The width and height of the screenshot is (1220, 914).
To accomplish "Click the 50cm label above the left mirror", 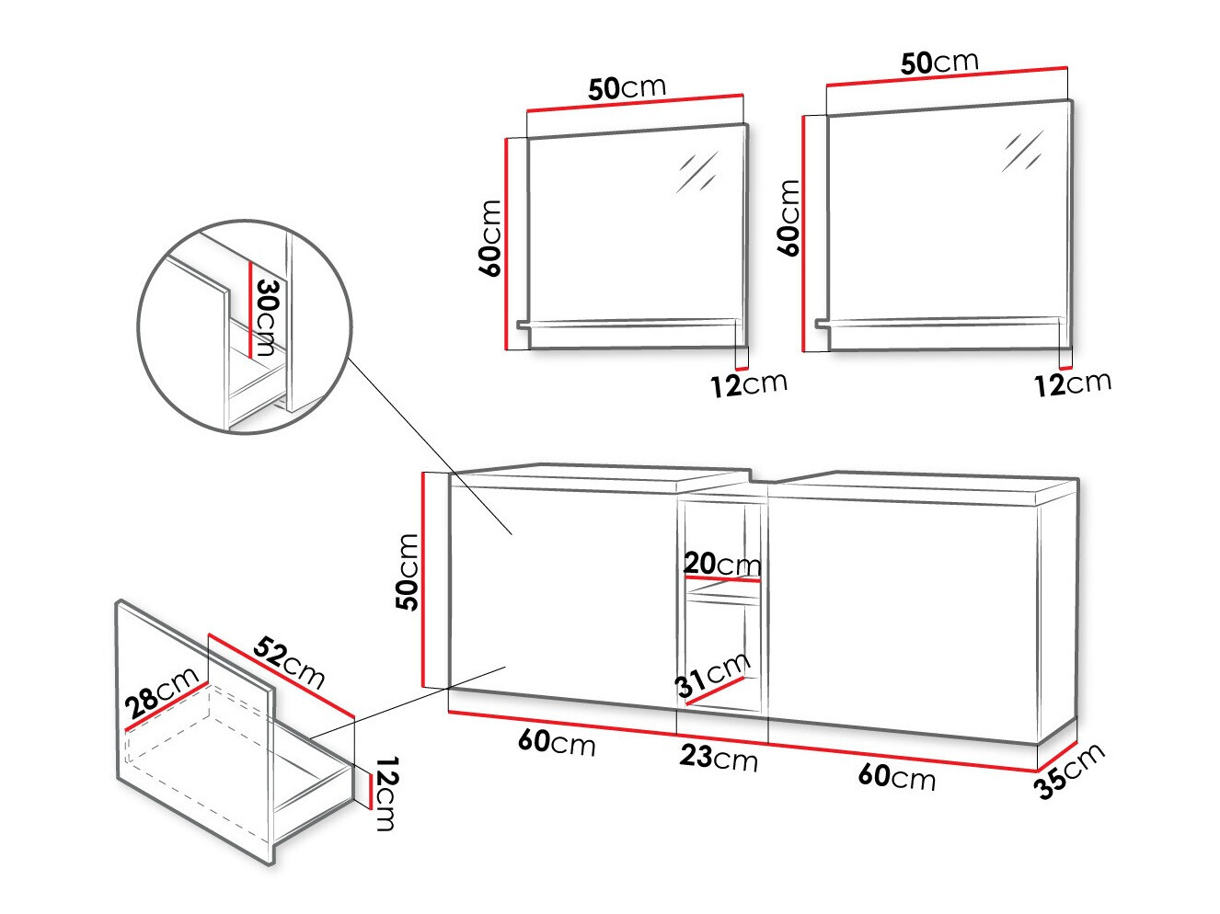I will tap(627, 88).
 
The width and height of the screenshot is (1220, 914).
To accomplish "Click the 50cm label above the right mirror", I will tap(939, 63).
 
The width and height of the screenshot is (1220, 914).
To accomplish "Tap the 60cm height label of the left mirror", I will tap(490, 238).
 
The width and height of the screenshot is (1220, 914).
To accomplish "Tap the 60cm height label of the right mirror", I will tap(789, 218).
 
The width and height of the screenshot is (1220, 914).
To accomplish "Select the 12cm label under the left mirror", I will tap(748, 384).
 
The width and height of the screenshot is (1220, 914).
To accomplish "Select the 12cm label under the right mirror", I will tap(1072, 383).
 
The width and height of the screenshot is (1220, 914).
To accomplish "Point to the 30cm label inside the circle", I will tap(265, 316).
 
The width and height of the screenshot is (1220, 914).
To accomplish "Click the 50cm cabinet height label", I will tap(407, 572).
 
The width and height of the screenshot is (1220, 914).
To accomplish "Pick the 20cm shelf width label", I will tap(722, 564).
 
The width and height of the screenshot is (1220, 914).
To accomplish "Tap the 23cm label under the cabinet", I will tap(719, 758).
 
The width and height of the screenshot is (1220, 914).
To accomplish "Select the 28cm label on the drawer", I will tap(163, 692).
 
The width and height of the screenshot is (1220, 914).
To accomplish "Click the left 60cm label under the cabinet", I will tap(557, 741).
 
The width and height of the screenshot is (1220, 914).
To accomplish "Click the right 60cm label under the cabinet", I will tap(897, 777).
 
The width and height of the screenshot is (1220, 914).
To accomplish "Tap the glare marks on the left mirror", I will tap(697, 172).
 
